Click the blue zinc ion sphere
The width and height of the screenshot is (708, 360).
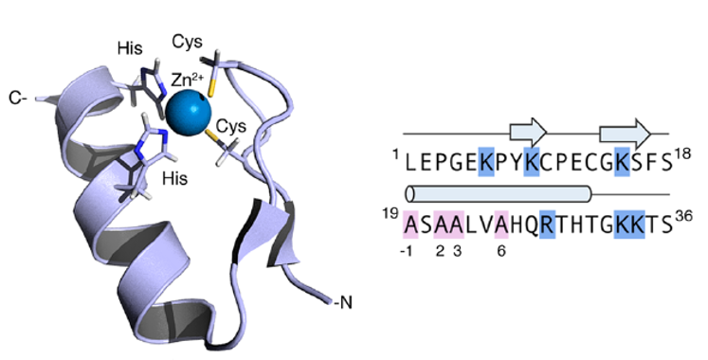(189, 113)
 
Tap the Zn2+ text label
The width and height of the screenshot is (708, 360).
(188, 80)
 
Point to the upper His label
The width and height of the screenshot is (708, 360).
(130, 48)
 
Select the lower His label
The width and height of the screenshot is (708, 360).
(175, 179)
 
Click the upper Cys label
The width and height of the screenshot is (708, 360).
(187, 43)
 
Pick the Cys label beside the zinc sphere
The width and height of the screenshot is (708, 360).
(231, 126)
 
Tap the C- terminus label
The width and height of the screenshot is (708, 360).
(18, 98)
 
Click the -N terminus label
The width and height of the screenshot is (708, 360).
(343, 302)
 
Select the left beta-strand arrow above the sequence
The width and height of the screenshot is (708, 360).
(528, 133)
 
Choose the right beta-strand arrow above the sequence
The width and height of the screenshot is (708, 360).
(625, 134)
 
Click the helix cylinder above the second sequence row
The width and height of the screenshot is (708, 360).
(499, 194)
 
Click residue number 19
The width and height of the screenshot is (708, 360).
(390, 213)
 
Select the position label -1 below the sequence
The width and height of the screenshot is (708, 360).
(407, 251)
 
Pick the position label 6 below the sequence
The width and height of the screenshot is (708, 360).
(501, 251)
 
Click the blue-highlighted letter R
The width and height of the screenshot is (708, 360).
(547, 225)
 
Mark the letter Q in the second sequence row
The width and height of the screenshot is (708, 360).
(532, 225)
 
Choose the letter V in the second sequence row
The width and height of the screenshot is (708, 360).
(486, 225)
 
